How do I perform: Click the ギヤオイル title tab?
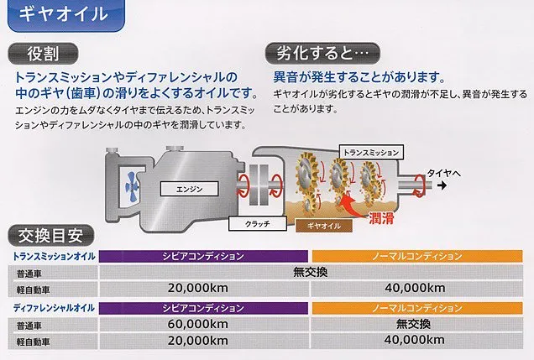point(65,14)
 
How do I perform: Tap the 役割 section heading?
point(43,54)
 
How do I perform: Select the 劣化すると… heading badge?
point(322,54)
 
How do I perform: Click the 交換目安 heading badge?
point(50,236)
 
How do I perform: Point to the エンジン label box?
point(189,189)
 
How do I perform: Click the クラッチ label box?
point(258,224)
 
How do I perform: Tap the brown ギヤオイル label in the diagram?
point(323,226)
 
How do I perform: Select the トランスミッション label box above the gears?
point(371,153)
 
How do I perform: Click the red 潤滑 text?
point(381,218)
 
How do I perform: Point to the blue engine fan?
point(132,186)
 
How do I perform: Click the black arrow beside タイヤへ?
point(442,185)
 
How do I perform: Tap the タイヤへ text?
point(444,173)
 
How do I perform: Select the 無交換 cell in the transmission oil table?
point(311,272)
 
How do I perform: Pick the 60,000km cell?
point(197,324)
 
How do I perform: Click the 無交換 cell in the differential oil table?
point(413,324)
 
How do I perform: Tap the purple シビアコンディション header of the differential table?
point(203,308)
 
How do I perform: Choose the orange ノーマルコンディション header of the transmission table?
point(417,256)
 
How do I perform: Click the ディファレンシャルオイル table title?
point(54,308)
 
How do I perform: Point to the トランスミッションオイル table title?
point(54,256)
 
